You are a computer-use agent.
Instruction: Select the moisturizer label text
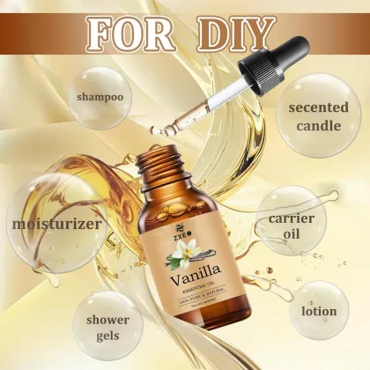click(x=54, y=223)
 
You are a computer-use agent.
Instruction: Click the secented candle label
click(x=309, y=115)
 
